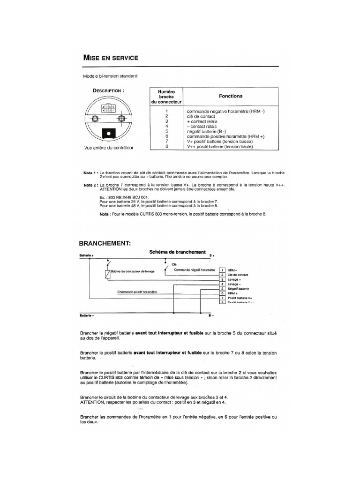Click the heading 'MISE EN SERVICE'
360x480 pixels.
click(x=110, y=58)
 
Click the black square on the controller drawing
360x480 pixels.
click(x=109, y=133)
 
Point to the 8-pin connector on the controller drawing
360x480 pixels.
click(x=109, y=109)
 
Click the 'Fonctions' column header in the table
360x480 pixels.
click(x=231, y=96)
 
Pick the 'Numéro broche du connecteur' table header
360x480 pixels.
click(x=166, y=96)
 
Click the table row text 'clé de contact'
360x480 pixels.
click(x=201, y=115)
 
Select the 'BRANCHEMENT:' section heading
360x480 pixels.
click(x=104, y=243)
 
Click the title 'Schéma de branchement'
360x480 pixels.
click(x=177, y=252)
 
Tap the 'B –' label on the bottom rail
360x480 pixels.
click(x=211, y=315)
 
